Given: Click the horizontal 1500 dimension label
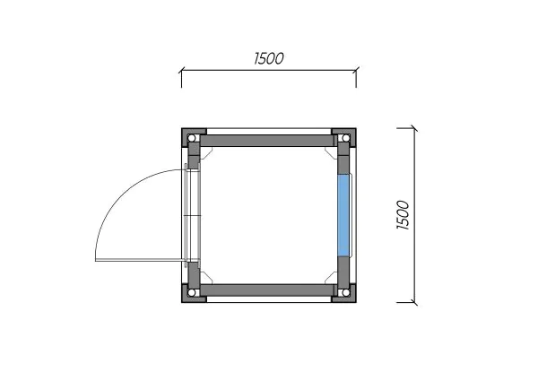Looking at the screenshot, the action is (269, 58).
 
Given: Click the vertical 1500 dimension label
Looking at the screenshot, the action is (403, 215).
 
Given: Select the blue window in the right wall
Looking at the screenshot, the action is (343, 215).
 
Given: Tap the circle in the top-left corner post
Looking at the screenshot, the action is (192, 138).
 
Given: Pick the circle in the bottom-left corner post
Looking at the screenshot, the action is (192, 292).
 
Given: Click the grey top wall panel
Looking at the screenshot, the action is (268, 141).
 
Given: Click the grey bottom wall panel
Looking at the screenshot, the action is (268, 289).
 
